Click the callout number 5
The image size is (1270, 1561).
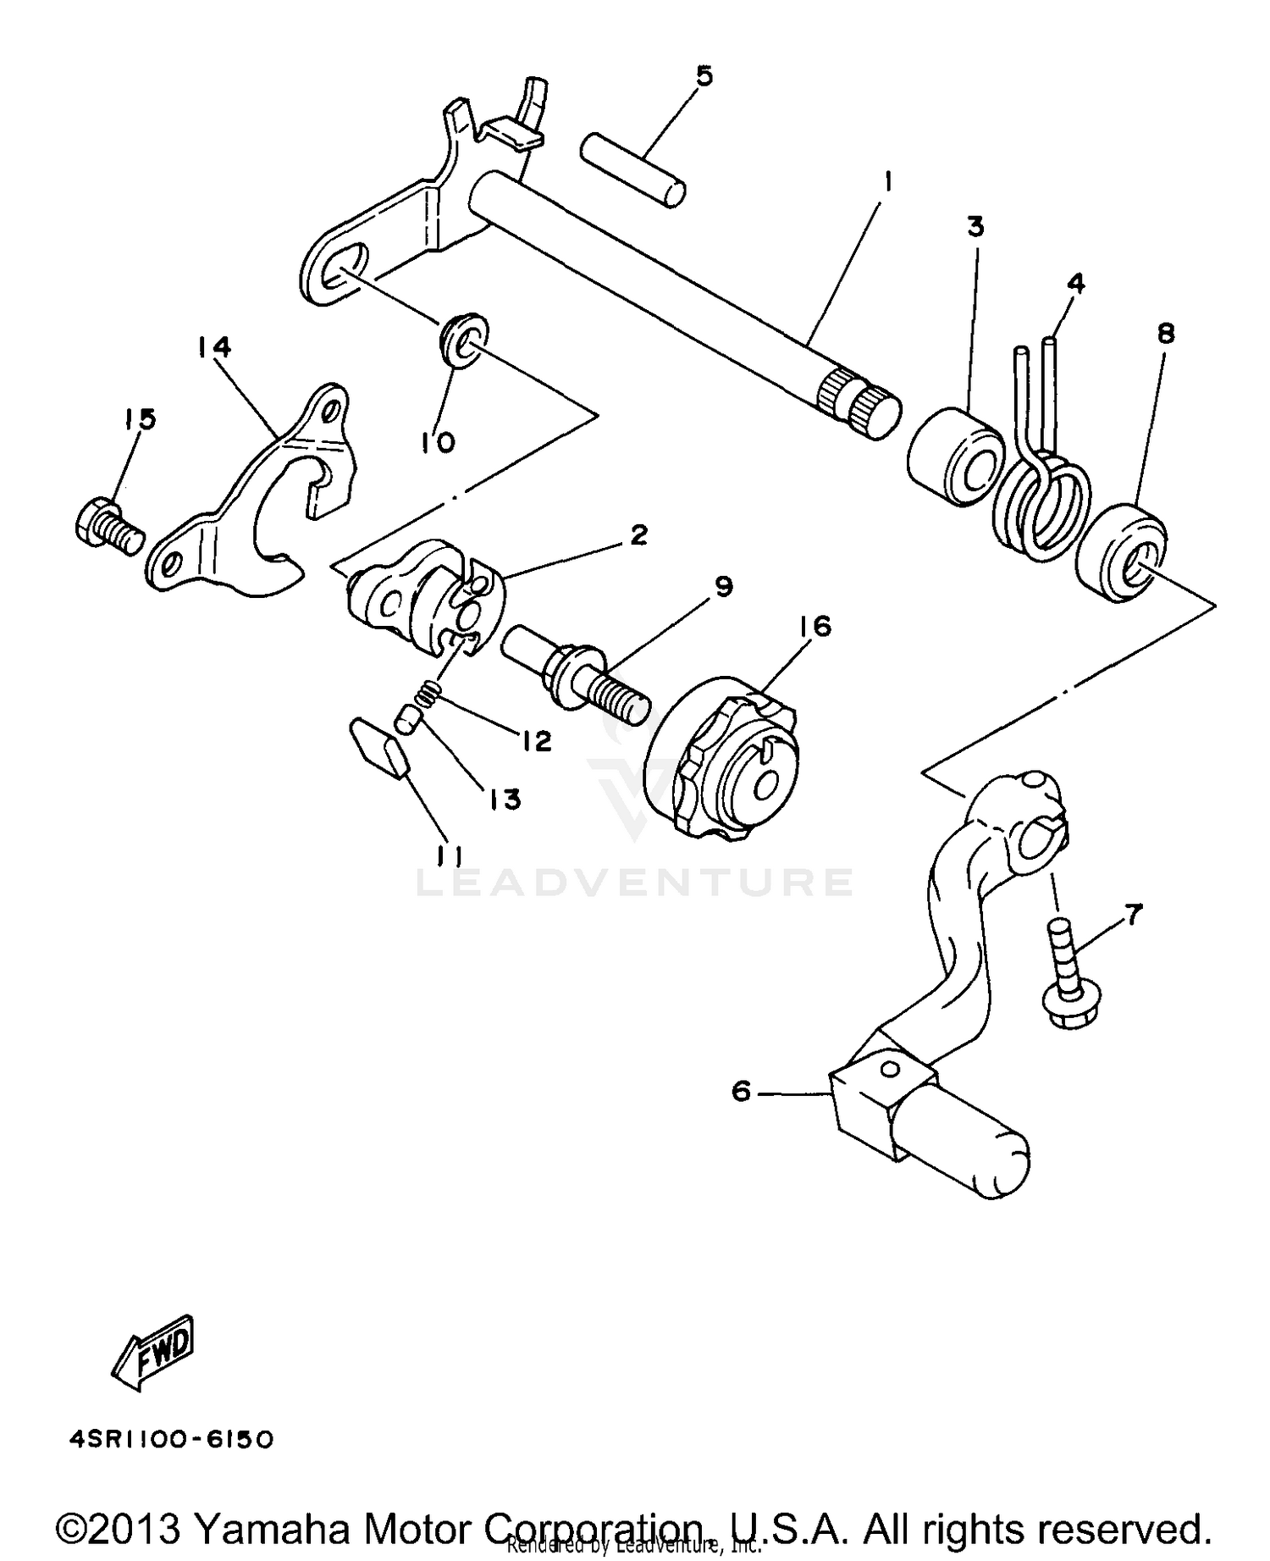(x=704, y=76)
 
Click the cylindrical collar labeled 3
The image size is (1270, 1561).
(x=955, y=457)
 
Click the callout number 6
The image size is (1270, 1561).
(x=741, y=1092)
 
